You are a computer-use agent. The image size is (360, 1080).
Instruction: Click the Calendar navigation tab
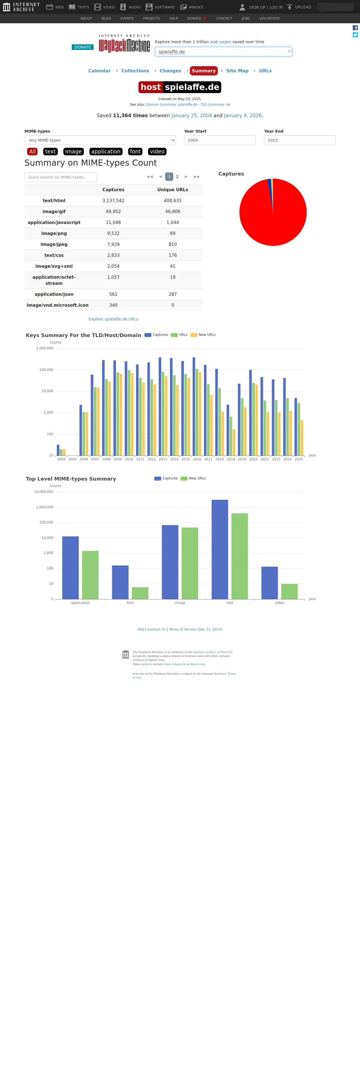pyautogui.click(x=99, y=71)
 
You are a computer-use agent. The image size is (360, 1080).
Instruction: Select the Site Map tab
pyautogui.click(x=237, y=71)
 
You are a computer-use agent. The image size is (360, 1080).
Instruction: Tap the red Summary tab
pyautogui.click(x=204, y=71)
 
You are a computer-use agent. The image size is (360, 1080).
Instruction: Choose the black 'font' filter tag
pyautogui.click(x=135, y=152)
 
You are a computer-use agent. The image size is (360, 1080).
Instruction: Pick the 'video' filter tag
pyautogui.click(x=157, y=152)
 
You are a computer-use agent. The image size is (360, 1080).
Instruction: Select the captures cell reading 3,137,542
pyautogui.click(x=113, y=201)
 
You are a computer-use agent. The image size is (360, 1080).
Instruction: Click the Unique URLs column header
pyautogui.click(x=173, y=190)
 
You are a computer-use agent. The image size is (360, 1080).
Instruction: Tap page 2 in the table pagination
pyautogui.click(x=177, y=177)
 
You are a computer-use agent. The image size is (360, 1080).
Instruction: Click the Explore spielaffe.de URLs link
pyautogui.click(x=113, y=319)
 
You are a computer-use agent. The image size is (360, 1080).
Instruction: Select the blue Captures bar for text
pyautogui.click(x=220, y=549)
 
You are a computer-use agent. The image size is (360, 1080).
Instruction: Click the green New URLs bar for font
pyautogui.click(x=140, y=593)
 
